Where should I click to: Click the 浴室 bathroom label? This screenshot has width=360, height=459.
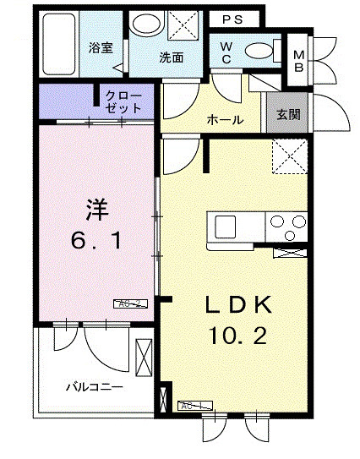pos(101,48)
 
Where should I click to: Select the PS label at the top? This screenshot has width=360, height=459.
pos(233,19)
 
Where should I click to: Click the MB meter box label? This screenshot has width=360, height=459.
pos(298,62)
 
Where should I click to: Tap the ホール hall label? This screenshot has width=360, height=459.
pos(226,120)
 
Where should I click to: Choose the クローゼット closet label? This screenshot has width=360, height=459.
pos(123,103)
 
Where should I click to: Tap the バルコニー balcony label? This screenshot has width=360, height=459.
pos(95,387)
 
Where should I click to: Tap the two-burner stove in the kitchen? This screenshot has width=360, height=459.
pos(287,226)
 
